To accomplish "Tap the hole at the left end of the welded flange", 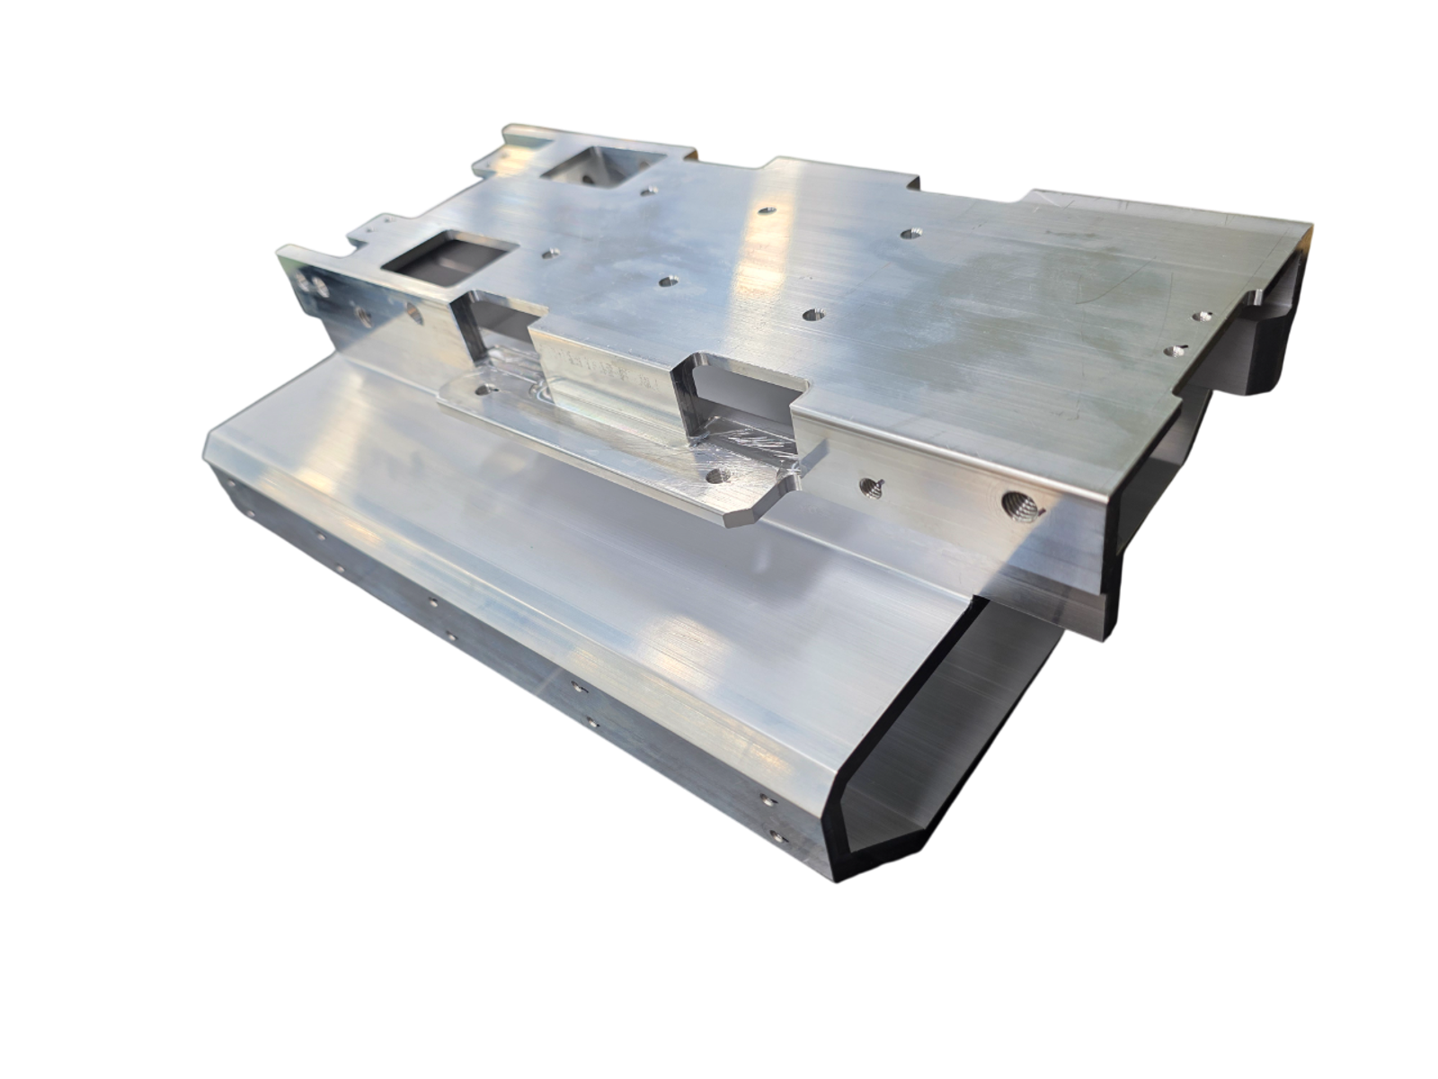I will click(x=487, y=391).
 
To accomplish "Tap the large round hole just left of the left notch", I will click(x=414, y=313).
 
